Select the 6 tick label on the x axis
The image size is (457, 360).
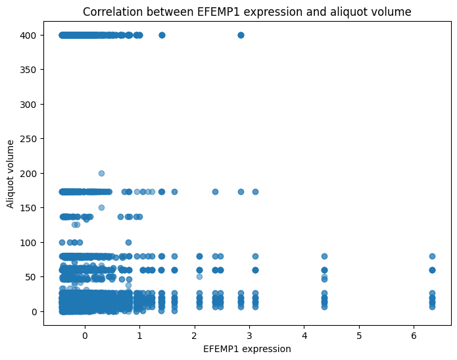414,336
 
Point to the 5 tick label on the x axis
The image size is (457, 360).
359,336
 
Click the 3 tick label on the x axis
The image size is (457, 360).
249,336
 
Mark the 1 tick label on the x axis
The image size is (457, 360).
139,336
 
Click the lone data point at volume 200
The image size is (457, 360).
101,173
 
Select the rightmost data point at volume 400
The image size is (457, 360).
241,35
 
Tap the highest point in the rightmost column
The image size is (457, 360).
432,256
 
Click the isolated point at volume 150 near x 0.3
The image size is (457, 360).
101,207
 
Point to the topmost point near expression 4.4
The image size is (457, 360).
324,256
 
